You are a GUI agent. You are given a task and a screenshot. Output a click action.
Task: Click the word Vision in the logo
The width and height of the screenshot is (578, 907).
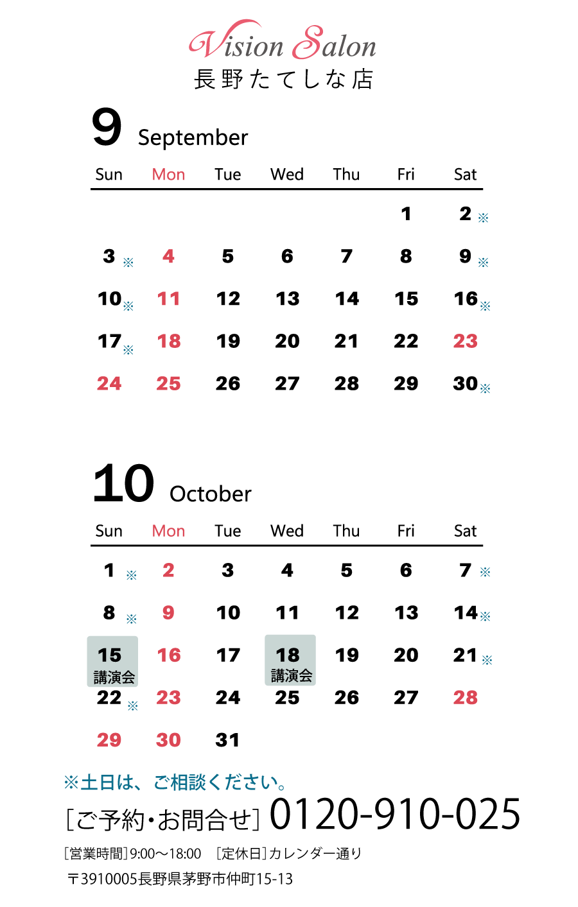click(x=237, y=45)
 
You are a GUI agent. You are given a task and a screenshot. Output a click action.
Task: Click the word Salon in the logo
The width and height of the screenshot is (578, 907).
click(x=335, y=45)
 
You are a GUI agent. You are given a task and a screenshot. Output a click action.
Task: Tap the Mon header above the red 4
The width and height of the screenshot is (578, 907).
click(x=168, y=175)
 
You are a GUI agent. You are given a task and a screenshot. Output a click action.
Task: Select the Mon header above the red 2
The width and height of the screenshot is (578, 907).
click(x=168, y=531)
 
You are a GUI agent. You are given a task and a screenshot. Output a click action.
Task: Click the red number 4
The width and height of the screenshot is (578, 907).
click(x=168, y=256)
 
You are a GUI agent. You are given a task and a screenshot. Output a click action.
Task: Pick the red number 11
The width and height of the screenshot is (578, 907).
click(x=168, y=298)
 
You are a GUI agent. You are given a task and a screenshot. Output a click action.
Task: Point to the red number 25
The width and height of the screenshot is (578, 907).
click(x=168, y=383)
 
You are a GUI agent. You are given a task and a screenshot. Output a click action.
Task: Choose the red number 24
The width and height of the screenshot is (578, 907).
click(x=109, y=383)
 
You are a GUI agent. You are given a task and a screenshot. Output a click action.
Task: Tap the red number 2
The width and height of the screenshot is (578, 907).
click(x=168, y=570)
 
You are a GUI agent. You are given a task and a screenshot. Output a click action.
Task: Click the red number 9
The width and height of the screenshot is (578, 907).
click(x=168, y=612)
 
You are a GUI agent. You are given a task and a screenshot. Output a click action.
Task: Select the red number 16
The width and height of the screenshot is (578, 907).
click(x=169, y=655)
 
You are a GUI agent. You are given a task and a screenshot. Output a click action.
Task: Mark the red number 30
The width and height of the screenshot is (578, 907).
click(x=168, y=739)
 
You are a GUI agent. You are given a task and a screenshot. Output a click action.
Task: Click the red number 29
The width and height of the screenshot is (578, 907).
click(x=109, y=739)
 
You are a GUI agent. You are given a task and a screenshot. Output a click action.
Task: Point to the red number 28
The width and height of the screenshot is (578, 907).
click(x=465, y=697)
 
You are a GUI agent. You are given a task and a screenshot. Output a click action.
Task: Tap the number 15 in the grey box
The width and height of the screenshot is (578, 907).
click(x=109, y=655)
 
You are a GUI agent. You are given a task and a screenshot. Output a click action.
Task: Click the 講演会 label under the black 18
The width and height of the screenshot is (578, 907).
click(x=291, y=675)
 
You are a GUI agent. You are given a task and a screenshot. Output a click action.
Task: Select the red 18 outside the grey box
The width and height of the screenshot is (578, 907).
click(x=169, y=341)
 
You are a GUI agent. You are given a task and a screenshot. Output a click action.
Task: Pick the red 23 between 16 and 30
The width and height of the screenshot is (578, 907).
click(x=168, y=697)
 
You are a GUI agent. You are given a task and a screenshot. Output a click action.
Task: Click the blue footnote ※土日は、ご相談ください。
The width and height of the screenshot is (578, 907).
click(x=175, y=782)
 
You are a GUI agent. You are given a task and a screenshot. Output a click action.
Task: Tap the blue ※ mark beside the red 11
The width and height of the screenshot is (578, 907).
click(x=128, y=306)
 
